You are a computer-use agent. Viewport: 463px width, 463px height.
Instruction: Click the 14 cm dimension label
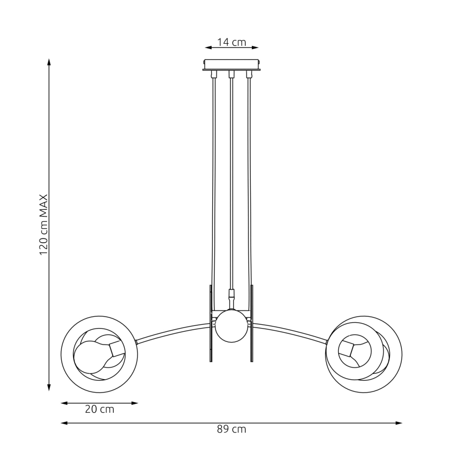[x=232, y=42]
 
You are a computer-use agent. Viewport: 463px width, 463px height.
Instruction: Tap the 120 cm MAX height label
[x=44, y=224]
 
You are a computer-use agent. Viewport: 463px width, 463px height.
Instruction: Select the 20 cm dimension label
[x=100, y=410]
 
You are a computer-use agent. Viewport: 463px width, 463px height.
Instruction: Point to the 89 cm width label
[x=232, y=429]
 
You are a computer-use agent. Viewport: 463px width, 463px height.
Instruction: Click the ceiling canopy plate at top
[x=232, y=65]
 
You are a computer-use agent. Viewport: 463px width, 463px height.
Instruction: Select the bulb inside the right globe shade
[x=354, y=350]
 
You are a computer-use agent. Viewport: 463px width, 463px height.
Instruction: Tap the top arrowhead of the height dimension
[x=49, y=62]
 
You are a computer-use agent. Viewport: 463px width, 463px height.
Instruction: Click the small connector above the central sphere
[x=232, y=294]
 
